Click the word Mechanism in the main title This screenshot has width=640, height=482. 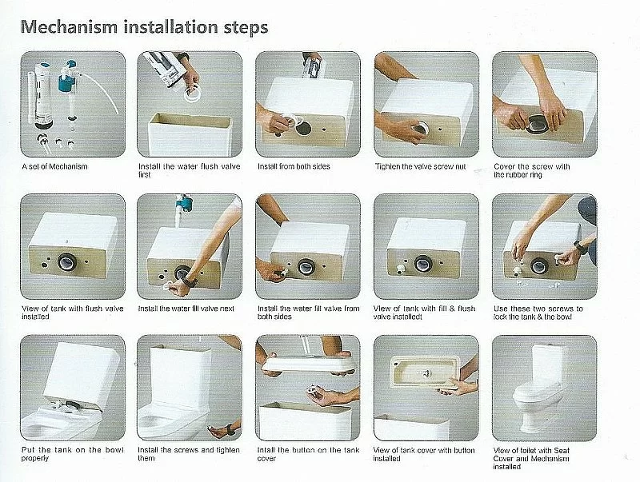[69, 27]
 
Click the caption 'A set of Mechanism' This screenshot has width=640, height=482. [54, 166]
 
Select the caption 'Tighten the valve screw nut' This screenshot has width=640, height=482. [421, 166]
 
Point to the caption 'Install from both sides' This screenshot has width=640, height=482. [294, 166]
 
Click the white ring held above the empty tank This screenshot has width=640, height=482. [191, 96]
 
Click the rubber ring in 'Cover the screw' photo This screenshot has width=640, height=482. [537, 123]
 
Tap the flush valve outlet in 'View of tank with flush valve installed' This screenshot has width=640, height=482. [67, 262]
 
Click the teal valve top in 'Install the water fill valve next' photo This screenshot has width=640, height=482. [185, 204]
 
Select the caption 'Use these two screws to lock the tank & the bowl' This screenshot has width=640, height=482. [538, 313]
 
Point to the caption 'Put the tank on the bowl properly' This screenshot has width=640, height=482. [72, 454]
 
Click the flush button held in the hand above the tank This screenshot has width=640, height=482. [315, 393]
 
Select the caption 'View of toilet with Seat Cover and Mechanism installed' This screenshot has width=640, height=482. [531, 458]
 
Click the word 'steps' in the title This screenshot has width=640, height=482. [246, 28]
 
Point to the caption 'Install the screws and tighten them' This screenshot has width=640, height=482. [189, 454]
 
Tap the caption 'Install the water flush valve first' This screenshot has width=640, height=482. [190, 170]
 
